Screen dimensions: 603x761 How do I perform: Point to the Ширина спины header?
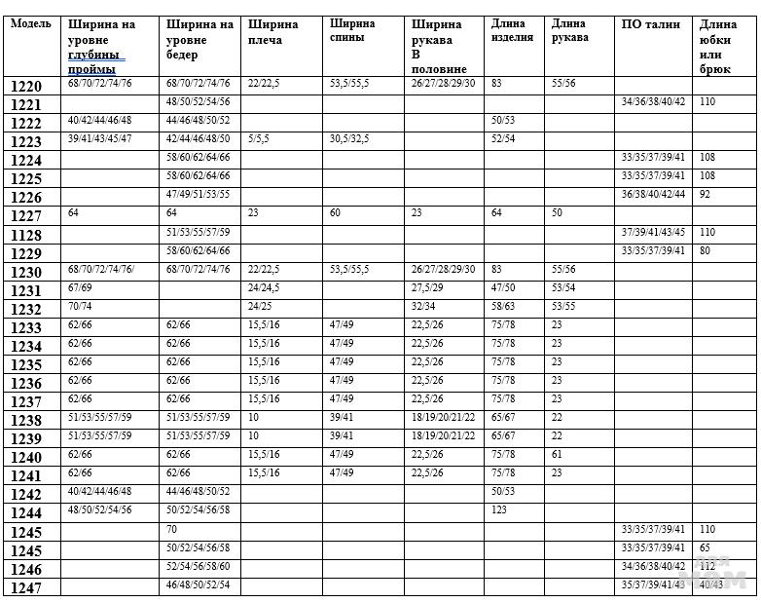351,30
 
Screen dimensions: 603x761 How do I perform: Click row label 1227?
26,215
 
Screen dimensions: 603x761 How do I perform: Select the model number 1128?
26,234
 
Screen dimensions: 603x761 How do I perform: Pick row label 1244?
26,512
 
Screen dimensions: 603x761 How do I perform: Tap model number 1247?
26,586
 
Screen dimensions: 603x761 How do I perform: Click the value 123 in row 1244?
500,509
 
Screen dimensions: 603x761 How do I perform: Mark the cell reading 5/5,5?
260,139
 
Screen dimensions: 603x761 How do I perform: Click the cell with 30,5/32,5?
348,139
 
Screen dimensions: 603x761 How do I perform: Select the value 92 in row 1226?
705,194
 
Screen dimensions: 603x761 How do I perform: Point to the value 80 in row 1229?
705,250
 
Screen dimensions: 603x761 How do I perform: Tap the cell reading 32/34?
424,306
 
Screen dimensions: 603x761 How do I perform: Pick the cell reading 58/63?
503,306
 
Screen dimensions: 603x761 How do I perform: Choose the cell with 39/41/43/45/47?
99,139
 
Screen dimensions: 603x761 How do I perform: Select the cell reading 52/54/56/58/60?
198,565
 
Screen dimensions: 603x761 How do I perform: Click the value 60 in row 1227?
336,212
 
